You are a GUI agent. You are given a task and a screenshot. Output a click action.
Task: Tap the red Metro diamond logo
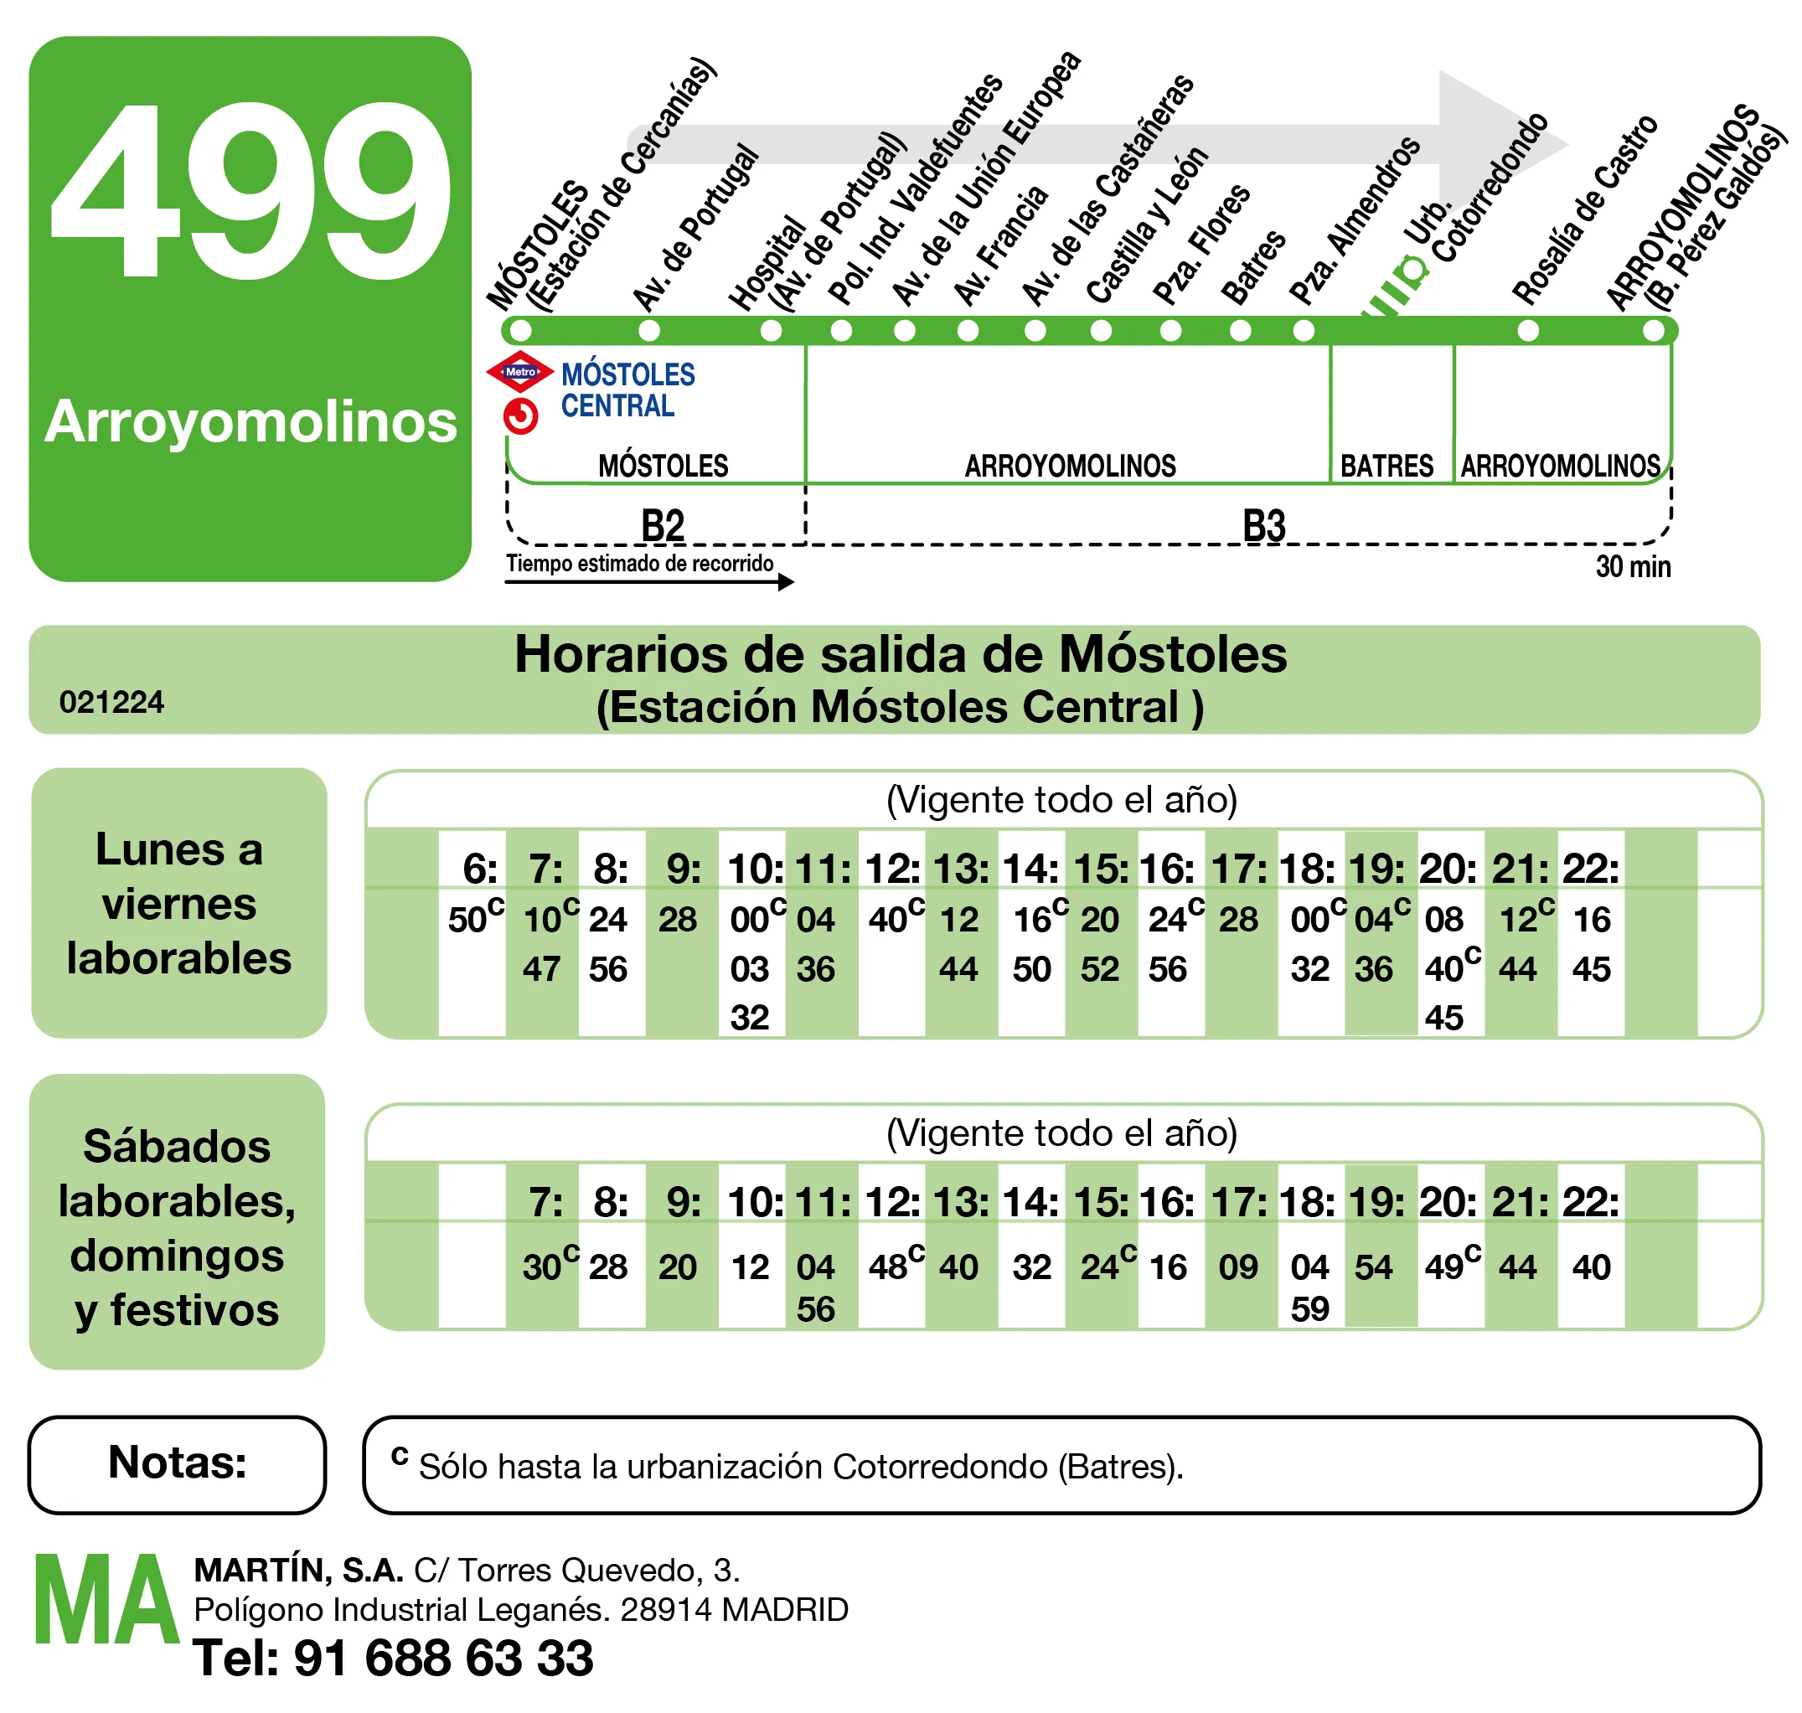519,372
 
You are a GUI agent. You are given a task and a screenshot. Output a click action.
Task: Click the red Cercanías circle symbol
520,416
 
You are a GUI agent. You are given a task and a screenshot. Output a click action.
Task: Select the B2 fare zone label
662,526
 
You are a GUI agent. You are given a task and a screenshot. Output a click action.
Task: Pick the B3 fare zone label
1263,526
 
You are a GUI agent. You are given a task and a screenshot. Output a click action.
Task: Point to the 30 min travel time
1632,567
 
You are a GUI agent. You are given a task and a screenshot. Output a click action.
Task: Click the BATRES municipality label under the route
1386,467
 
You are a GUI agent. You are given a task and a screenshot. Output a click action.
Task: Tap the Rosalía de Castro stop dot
1527,331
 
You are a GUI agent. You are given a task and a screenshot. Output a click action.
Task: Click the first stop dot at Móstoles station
519,331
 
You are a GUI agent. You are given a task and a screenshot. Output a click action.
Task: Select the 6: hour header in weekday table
479,869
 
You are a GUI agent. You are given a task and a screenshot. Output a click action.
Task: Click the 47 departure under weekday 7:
540,969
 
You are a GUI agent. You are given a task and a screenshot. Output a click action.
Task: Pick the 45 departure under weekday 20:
1443,1017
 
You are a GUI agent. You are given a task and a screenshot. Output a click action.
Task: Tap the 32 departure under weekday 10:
749,1017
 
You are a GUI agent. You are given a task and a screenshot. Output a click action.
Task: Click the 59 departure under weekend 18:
1309,1309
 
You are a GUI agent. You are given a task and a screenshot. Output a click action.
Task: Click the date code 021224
111,702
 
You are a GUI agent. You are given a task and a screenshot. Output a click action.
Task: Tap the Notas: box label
178,1463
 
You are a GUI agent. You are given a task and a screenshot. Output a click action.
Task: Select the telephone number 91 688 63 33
443,1659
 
